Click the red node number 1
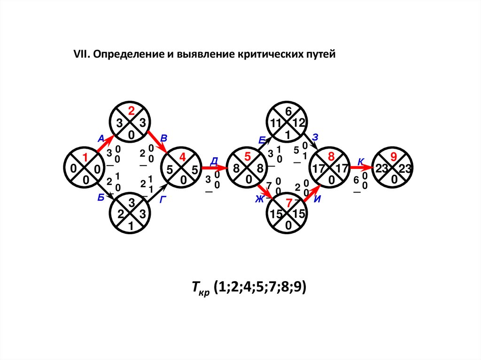[x=85, y=158]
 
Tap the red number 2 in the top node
[x=132, y=111]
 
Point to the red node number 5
[x=248, y=158]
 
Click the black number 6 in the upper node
[x=288, y=111]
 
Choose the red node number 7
[x=289, y=203]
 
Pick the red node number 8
[x=331, y=157]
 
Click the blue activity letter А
[x=101, y=138]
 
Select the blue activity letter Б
[x=101, y=198]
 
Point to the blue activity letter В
[x=164, y=138]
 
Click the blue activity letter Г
[x=163, y=199]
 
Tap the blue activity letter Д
[x=214, y=161]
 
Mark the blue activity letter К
[x=361, y=161]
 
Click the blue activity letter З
[x=316, y=138]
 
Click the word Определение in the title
[x=124, y=54]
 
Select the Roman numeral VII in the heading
[x=81, y=54]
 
